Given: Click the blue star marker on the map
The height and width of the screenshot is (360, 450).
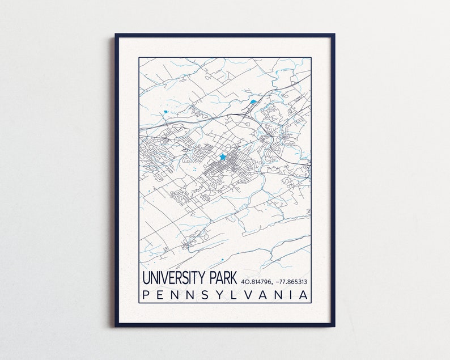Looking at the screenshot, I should point(223,156).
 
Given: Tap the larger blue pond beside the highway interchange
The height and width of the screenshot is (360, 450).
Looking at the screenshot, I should point(253,103).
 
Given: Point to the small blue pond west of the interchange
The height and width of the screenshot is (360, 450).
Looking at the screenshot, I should point(165,112).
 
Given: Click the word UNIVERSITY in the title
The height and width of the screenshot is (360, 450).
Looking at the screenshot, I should point(173,278).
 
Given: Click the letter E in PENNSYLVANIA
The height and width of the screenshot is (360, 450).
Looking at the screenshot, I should point(160,295).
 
